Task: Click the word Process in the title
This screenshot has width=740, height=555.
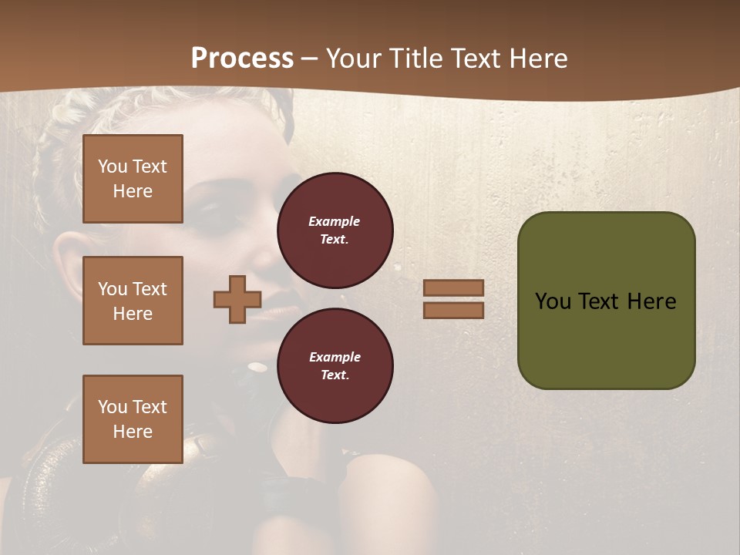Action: click(242, 59)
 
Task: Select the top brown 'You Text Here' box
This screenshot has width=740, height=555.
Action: click(133, 179)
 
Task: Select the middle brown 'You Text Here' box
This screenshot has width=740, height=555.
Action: click(133, 301)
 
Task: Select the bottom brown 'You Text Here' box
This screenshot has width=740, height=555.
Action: click(133, 419)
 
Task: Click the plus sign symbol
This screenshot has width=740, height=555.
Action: click(237, 299)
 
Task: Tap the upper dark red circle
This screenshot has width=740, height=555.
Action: click(335, 230)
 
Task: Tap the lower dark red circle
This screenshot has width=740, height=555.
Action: click(335, 365)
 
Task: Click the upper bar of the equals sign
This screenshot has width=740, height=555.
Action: click(453, 288)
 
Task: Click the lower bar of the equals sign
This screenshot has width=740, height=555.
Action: click(453, 310)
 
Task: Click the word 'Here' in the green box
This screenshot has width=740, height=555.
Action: click(651, 301)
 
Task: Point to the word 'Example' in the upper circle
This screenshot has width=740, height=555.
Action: click(334, 221)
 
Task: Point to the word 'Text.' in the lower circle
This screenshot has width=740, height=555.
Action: click(335, 375)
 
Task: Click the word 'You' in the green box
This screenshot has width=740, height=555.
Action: click(553, 301)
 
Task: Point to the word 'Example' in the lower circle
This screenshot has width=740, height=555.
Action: click(335, 357)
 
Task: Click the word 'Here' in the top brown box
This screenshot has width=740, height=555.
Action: click(133, 191)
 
